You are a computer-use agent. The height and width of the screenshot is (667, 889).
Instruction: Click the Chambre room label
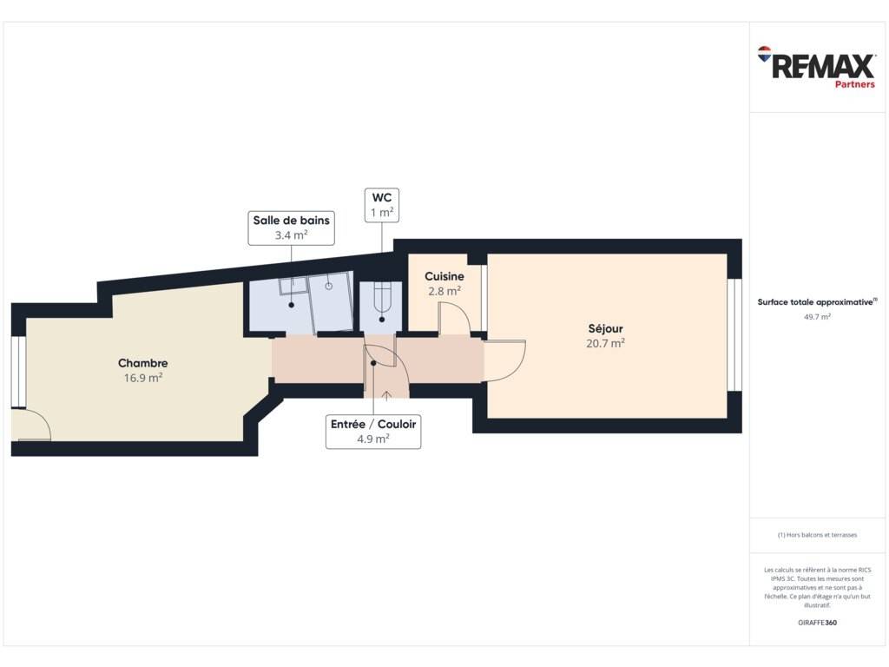pyautogui.click(x=143, y=363)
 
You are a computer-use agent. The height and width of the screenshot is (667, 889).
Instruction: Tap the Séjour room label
pyautogui.click(x=605, y=329)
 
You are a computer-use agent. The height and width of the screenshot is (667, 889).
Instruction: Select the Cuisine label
pyautogui.click(x=444, y=276)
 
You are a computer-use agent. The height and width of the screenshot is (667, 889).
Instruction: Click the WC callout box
pyautogui.click(x=382, y=205)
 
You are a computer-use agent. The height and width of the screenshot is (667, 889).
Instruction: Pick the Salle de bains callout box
pyautogui.click(x=292, y=228)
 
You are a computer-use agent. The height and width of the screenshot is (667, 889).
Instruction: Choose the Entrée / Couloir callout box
pyautogui.click(x=373, y=432)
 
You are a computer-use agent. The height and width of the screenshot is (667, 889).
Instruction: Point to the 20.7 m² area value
pyautogui.click(x=605, y=343)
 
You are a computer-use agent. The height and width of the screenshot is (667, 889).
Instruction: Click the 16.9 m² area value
pyautogui.click(x=143, y=378)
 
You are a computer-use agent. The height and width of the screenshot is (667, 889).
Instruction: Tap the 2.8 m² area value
pyautogui.click(x=444, y=291)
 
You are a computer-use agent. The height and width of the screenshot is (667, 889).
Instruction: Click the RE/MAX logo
pyautogui.click(x=816, y=63)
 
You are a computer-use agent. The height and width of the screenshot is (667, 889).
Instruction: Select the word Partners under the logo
pyautogui.click(x=855, y=84)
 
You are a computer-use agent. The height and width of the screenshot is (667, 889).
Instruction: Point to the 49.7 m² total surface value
pyautogui.click(x=817, y=316)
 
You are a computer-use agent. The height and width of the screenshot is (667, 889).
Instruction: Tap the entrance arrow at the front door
pyautogui.click(x=386, y=395)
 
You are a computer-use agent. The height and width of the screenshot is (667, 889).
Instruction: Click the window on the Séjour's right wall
pyautogui.click(x=734, y=334)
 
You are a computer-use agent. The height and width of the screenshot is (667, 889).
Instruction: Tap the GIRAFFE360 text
pyautogui.click(x=817, y=622)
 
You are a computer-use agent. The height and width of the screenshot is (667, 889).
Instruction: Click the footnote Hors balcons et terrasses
pyautogui.click(x=817, y=535)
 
